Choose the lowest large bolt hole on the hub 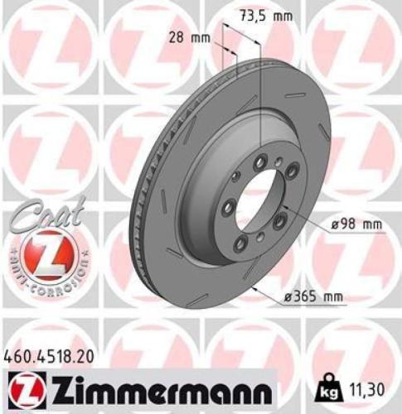[x=241, y=243]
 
